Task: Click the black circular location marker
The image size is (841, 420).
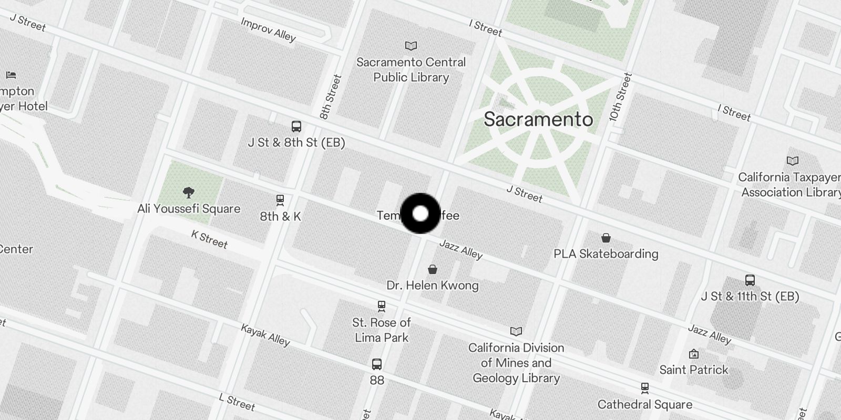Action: [x=420, y=213]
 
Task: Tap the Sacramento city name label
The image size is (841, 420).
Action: [x=538, y=119]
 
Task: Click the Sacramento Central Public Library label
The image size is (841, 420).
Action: [x=411, y=70]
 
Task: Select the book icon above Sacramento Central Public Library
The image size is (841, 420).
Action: [x=411, y=46]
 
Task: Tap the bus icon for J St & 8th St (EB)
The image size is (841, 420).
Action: [x=296, y=127]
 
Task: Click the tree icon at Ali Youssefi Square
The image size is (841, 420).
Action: [x=188, y=192]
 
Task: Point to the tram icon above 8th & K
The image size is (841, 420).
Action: [x=280, y=200]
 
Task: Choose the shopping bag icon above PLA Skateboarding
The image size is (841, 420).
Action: [x=606, y=238]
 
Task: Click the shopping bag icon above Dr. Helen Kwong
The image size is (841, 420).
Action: [x=433, y=269]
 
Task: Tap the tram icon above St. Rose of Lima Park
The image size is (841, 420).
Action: [x=382, y=306]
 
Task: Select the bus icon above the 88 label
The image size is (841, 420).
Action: [x=377, y=364]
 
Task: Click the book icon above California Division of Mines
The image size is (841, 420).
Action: [x=516, y=331]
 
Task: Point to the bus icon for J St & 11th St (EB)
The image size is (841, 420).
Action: [x=750, y=280]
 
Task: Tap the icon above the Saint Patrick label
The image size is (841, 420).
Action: [x=694, y=354]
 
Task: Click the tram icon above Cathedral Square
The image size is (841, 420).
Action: [x=645, y=388]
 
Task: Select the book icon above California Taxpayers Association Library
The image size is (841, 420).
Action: [x=792, y=161]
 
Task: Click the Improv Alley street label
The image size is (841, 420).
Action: [x=268, y=29]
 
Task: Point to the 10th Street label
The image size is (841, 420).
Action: [x=621, y=97]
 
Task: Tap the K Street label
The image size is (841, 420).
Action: [x=209, y=239]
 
